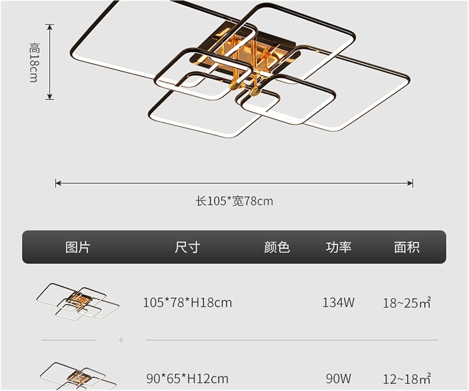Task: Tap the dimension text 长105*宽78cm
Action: (x=234, y=201)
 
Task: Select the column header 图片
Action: (x=78, y=247)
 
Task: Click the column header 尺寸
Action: (x=187, y=247)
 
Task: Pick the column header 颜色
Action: (x=277, y=247)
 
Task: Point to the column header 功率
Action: (x=339, y=247)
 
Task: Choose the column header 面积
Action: (x=406, y=247)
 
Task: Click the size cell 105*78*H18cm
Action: (x=187, y=303)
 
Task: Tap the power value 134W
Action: (x=338, y=303)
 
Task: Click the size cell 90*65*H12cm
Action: (x=187, y=379)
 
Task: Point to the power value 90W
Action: (x=338, y=379)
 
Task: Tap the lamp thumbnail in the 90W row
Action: (x=78, y=376)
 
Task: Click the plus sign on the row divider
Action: (x=121, y=340)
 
